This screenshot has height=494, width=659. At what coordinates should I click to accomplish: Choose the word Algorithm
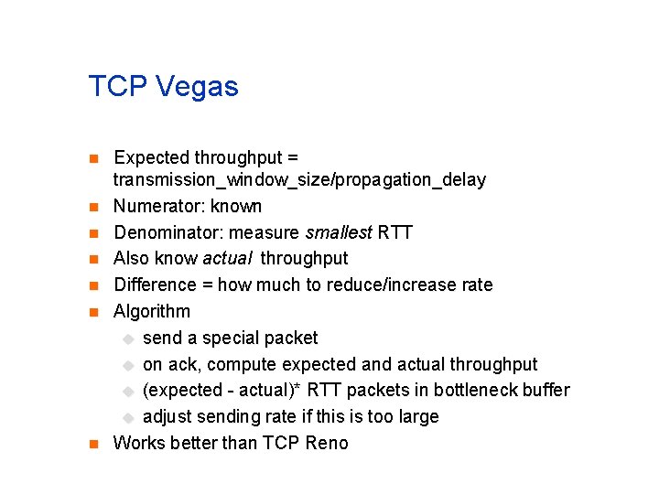(x=152, y=311)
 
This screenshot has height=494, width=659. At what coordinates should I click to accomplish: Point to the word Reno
(x=327, y=443)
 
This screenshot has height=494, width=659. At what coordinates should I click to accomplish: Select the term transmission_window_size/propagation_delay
(x=299, y=180)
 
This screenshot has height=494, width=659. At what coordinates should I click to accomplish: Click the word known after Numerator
(x=236, y=206)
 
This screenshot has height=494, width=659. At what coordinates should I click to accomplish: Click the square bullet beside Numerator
(x=92, y=207)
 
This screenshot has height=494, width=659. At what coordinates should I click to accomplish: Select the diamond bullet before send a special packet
(x=128, y=338)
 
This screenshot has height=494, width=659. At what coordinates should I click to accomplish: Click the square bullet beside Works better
(x=92, y=444)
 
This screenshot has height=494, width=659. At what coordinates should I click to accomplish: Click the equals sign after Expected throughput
(x=293, y=158)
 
